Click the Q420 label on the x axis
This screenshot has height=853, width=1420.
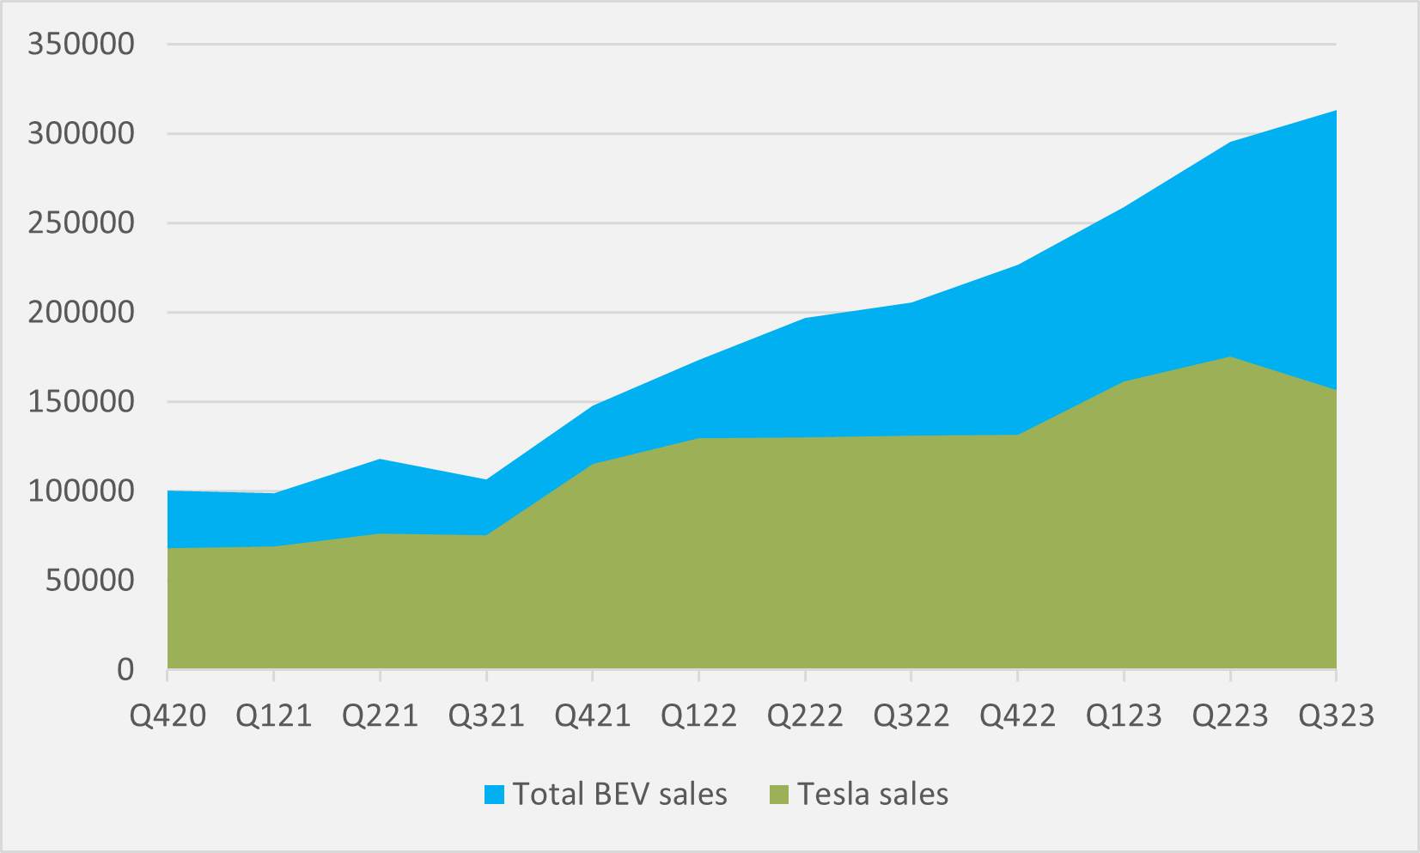pos(168,716)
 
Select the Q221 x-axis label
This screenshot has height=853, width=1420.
pos(380,716)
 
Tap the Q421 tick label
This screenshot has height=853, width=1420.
pos(593,716)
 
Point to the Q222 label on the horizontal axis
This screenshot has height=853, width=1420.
pos(805,716)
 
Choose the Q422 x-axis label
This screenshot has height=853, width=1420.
pos(1017,716)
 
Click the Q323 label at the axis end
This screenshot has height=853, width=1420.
pos(1336,716)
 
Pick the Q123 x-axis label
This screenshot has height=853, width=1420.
pos(1124,716)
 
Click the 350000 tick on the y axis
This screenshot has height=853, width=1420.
pos(81,44)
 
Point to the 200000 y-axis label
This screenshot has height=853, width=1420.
pos(81,312)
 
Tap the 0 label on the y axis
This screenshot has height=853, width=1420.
pos(125,669)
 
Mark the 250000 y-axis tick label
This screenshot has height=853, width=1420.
pos(81,222)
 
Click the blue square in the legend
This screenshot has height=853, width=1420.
pos(494,795)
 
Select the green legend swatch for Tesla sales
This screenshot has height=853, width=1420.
pos(778,795)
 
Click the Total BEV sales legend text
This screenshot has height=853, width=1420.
pos(619,795)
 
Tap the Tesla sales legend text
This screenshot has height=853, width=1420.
pos(873,795)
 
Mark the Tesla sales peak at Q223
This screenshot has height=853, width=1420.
pos(1230,357)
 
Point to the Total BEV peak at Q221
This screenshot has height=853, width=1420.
pos(380,460)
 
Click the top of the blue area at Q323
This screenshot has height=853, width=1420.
pos(1335,111)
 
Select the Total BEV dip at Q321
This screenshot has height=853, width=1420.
pos(486,479)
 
